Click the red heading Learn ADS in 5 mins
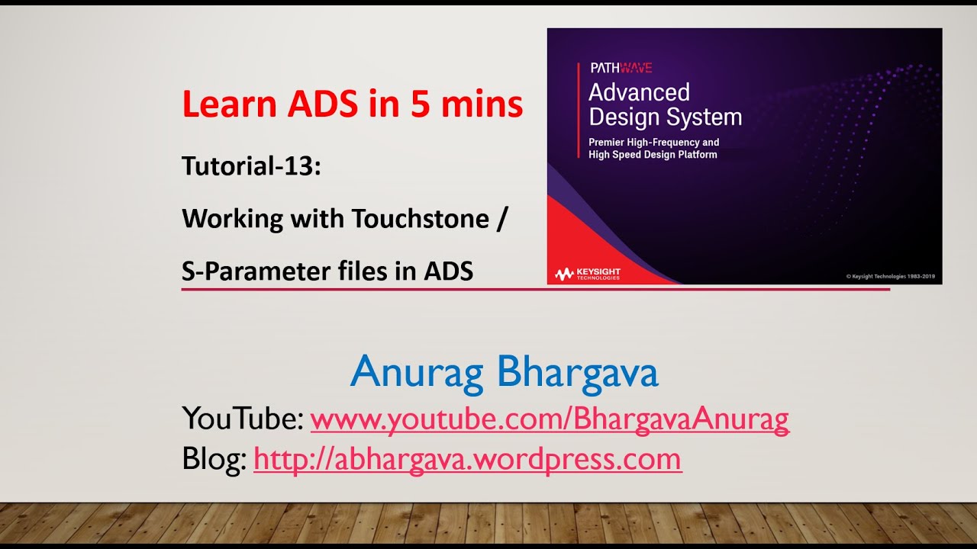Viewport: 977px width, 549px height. coord(352,104)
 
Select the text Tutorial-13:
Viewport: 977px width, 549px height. coord(251,166)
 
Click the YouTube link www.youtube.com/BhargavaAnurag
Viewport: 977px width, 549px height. coord(550,419)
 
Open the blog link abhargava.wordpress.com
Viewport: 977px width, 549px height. coord(467,458)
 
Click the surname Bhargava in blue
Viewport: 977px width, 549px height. coord(578,373)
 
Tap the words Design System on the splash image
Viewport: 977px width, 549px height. coord(665,117)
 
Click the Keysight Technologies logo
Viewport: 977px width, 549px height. coord(588,274)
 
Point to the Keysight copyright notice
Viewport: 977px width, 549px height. coord(891,276)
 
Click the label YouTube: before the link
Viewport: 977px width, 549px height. coord(243,419)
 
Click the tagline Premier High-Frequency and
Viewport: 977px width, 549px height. coord(653,143)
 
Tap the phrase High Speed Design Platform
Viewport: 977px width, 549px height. coord(653,155)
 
